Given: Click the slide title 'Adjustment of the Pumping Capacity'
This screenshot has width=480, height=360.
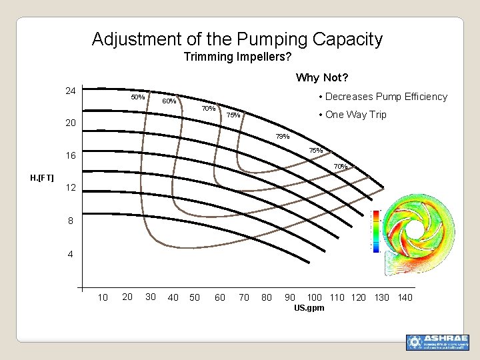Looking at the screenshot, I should coord(237,39).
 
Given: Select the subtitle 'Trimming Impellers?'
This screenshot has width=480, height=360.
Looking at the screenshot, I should coord(237,57).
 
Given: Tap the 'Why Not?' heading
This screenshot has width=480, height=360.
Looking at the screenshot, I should coord(323,78).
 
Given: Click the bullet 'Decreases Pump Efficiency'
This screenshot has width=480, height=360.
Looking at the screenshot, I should coord(385,97).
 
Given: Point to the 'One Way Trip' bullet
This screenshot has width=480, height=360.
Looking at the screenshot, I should coord(355,115).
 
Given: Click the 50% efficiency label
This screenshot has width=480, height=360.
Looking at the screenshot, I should coord(138,97).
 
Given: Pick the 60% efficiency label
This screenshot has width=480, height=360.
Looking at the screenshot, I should coord(169,101).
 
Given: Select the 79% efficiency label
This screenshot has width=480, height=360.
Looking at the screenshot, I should coord(283,137).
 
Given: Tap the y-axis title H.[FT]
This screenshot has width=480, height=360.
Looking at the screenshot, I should coord(42,178).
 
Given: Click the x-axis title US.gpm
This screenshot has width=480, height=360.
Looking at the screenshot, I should coord(309,308).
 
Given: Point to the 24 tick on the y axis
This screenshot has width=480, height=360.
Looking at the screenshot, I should coord(70,91).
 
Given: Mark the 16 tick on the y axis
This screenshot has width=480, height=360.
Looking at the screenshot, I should coord(70,155).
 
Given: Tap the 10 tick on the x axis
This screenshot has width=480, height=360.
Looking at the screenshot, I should coord(103,297).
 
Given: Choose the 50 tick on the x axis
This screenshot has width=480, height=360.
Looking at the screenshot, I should coord(195,297).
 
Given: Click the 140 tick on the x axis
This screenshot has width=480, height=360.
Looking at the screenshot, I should coord(405,297).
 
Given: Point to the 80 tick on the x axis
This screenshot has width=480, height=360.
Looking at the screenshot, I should coord(267,297).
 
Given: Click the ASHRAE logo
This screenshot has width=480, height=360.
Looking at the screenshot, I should coord(437,342).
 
